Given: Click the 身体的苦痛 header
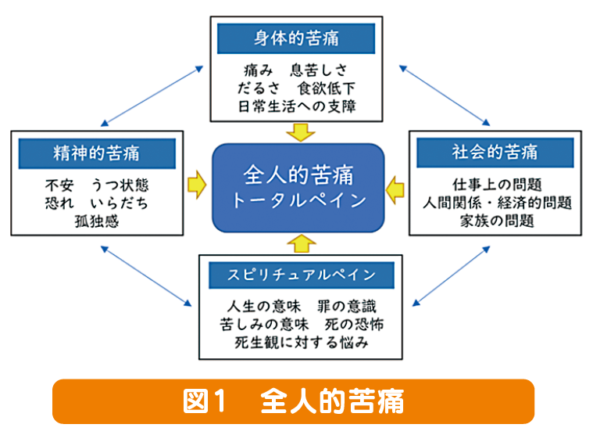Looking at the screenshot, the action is tap(296, 38).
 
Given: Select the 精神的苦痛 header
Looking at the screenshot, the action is tap(97, 153).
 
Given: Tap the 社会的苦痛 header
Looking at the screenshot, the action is tap(495, 153).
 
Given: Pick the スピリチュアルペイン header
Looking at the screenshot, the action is tap(302, 275).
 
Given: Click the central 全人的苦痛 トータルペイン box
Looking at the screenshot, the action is tap(298, 188).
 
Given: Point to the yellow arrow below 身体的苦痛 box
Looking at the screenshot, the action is tap(301, 132).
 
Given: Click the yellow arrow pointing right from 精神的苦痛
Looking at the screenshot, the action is tap(197, 185).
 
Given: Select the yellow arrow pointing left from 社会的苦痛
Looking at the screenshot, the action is tap(395, 190).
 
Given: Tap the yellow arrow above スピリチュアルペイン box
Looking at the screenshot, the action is tap(302, 243).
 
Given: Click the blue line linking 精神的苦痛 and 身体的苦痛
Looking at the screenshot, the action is tap(152, 96).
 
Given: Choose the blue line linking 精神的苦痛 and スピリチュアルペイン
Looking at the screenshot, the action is tap(146, 276).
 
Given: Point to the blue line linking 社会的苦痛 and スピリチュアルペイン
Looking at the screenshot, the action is tap(451, 276).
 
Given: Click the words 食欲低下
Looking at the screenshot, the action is tap(327, 88).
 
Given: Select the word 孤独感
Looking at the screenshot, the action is tap(97, 221).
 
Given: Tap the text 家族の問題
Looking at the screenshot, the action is tap(497, 221).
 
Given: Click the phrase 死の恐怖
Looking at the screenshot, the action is tap(354, 325).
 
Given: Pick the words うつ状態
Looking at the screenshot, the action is tap(120, 185).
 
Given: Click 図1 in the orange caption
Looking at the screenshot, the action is tap(205, 401).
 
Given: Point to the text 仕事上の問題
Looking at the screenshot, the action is tap(497, 185).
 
